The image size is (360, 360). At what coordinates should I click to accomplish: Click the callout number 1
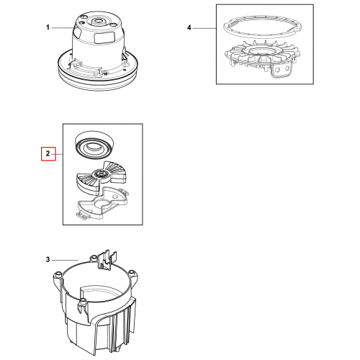[48, 27]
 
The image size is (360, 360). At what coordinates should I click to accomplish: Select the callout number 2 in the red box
[48, 153]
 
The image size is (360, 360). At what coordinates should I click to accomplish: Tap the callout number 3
[48, 259]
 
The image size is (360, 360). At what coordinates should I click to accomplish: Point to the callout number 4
[189, 28]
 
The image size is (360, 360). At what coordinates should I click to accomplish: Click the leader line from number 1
[62, 28]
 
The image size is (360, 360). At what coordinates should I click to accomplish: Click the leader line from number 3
[65, 260]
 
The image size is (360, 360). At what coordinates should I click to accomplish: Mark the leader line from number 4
[204, 28]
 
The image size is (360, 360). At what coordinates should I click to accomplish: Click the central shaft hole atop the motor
[98, 20]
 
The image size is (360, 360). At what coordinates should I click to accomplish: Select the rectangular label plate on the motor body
[104, 37]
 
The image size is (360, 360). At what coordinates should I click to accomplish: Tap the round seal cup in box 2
[94, 144]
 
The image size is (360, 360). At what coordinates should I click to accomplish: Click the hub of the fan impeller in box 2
[99, 174]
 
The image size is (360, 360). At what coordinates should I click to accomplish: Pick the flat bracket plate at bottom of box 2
[102, 203]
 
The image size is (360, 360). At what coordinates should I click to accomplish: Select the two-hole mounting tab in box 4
[282, 70]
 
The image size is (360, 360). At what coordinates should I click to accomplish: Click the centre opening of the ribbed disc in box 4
[261, 51]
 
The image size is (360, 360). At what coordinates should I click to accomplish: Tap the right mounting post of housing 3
[132, 274]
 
